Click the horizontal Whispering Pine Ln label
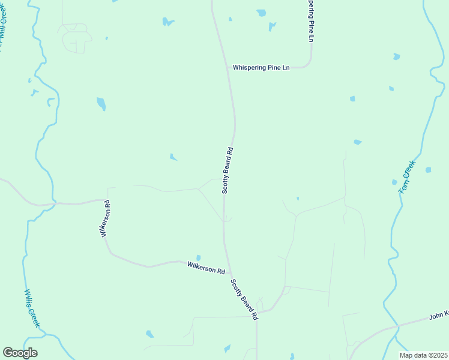261,68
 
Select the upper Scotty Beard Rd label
228,170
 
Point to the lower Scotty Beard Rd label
244,298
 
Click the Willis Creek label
32,308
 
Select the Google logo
20,353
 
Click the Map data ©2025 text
423,355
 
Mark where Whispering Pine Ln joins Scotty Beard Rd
231,68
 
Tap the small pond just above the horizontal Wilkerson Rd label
198,258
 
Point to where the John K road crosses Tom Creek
397,326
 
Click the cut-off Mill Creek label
3,27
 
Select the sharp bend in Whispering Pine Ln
310,64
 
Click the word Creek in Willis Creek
35,317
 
